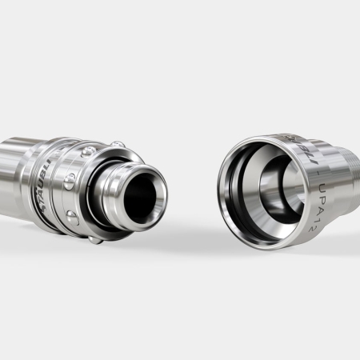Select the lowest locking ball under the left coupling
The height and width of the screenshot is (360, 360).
(x=95, y=238)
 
